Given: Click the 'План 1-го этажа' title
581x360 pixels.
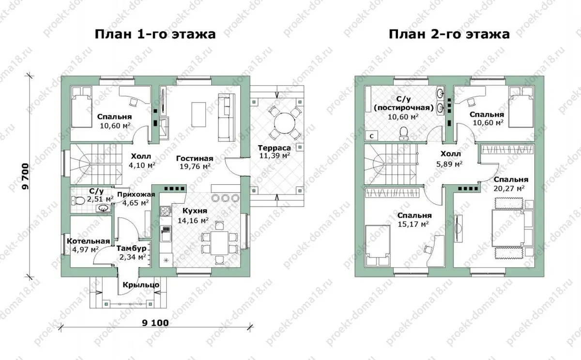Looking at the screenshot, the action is click(x=155, y=34).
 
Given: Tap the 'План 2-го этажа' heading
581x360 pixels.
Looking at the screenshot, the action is click(x=449, y=34).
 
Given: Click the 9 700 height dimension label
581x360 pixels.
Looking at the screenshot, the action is click(x=25, y=176).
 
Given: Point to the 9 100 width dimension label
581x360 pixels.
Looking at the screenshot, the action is click(x=155, y=323).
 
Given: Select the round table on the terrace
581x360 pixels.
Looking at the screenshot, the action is click(x=285, y=123).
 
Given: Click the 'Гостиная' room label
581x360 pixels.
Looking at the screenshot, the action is click(x=195, y=158).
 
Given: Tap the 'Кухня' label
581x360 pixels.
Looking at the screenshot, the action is click(x=195, y=210).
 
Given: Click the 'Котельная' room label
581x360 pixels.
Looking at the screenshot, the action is click(x=89, y=241).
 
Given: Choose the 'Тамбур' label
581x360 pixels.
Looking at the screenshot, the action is click(x=131, y=249).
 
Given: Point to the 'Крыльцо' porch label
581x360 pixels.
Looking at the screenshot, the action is click(x=141, y=285).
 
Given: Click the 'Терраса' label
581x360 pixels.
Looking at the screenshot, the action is click(x=274, y=148).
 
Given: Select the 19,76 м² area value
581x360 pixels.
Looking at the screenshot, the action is click(x=195, y=166).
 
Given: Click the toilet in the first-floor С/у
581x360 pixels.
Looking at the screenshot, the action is click(x=78, y=200).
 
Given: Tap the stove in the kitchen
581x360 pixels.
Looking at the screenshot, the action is click(x=166, y=211).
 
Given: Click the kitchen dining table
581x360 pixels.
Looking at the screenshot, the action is click(x=219, y=243).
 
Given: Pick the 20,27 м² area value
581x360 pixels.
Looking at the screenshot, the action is click(x=509, y=188).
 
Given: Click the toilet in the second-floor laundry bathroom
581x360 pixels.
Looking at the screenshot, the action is click(x=404, y=134).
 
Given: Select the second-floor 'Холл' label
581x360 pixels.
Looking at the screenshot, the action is click(x=451, y=154).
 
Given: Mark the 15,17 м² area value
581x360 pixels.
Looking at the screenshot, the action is click(x=413, y=224).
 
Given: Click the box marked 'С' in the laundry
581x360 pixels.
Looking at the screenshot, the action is click(x=371, y=136).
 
